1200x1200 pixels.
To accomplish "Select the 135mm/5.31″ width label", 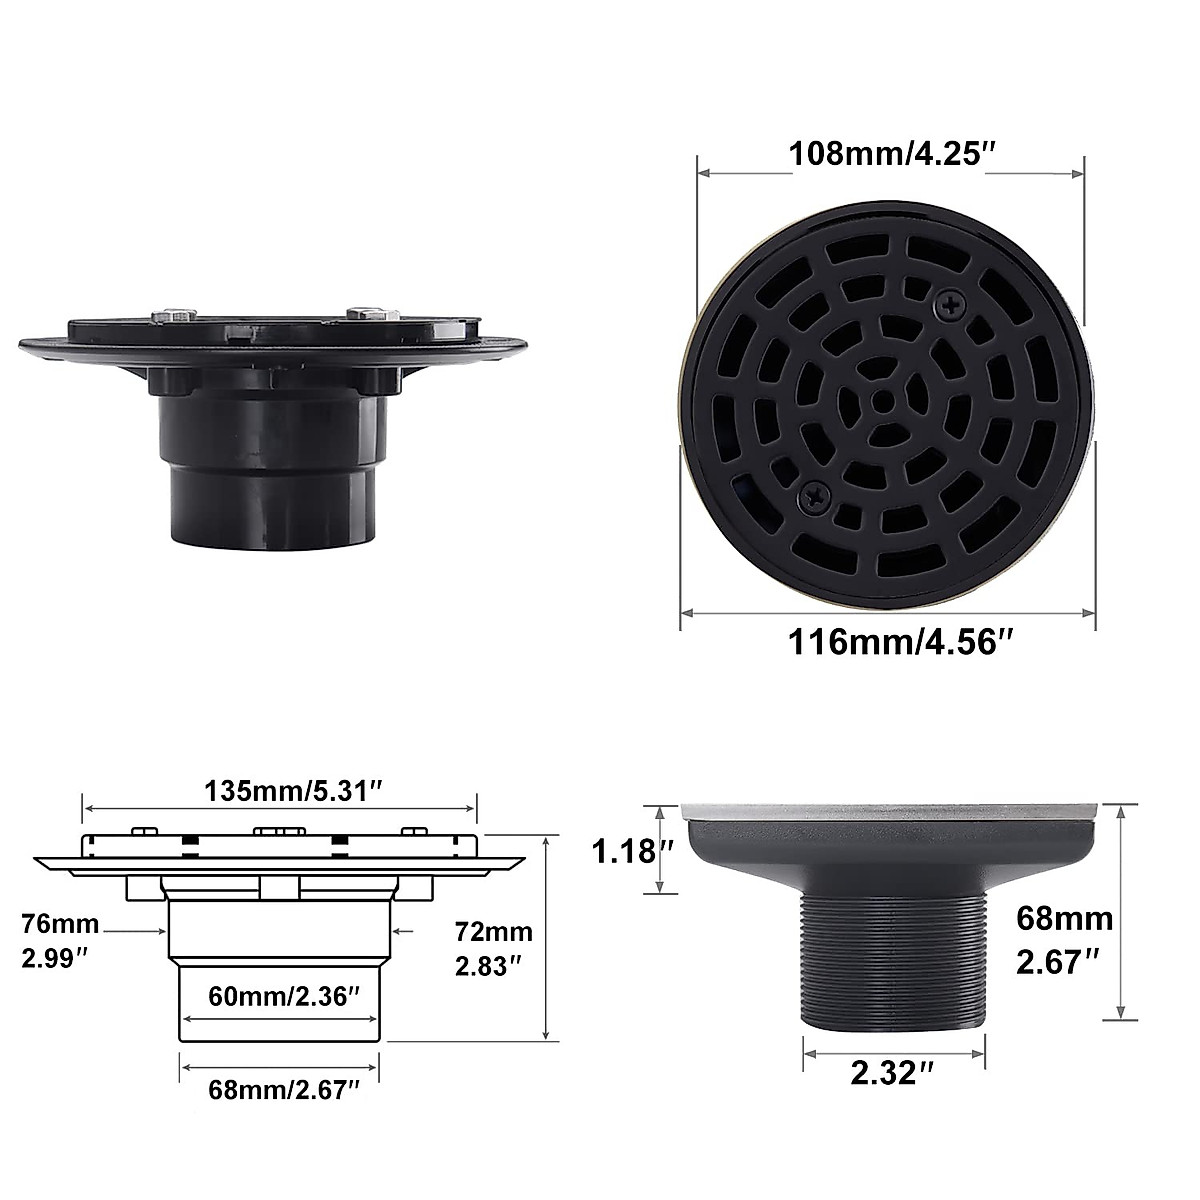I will (x=280, y=792).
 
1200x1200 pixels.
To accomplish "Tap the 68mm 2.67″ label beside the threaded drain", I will (x=1064, y=939).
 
